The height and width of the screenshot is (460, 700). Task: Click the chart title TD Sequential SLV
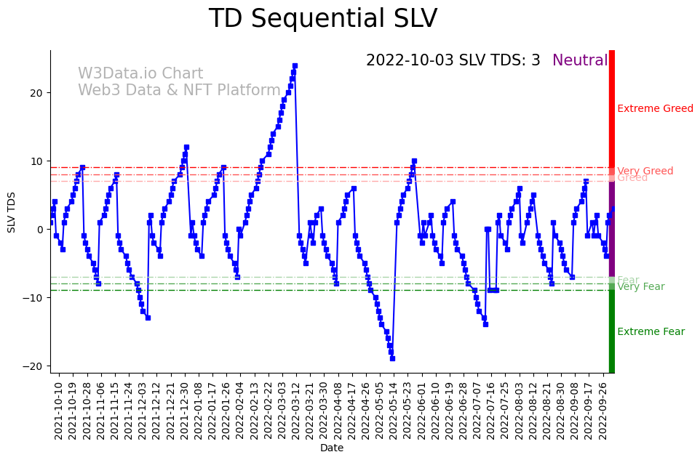[323, 19]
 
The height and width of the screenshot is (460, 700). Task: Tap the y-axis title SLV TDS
[12, 211]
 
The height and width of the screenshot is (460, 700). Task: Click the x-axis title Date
[331, 448]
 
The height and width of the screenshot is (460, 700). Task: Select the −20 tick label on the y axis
[35, 366]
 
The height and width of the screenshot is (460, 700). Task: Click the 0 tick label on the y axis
[41, 230]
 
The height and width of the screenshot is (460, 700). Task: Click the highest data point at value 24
[295, 65]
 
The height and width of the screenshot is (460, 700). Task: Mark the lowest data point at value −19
[392, 358]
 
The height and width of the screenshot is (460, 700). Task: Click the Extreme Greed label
[655, 109]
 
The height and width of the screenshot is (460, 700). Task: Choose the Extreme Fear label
[651, 332]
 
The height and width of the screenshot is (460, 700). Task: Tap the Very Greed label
[645, 171]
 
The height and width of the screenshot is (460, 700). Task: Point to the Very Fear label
[640, 287]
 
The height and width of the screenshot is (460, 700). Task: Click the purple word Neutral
[579, 61]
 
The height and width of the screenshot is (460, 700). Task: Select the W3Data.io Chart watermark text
[140, 74]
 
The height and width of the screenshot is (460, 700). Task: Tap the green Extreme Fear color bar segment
[612, 331]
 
